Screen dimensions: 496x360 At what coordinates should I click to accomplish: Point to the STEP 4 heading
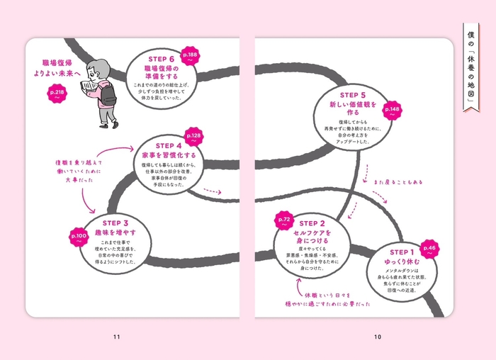pyautogui.click(x=165, y=145)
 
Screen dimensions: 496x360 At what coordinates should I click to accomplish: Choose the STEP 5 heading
pyautogui.click(x=353, y=95)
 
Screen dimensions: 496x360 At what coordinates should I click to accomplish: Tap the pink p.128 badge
pyautogui.click(x=193, y=137)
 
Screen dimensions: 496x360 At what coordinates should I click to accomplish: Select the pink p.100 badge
pyautogui.click(x=79, y=236)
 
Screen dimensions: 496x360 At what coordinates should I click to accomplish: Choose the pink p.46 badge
pyautogui.click(x=432, y=250)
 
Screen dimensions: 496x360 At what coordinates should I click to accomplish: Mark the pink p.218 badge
pyautogui.click(x=56, y=94)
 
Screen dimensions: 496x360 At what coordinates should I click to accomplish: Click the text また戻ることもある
pyautogui.click(x=398, y=182)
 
